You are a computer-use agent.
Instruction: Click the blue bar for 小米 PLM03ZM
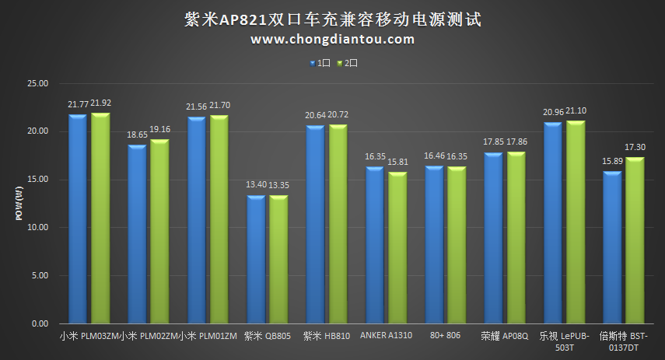77,219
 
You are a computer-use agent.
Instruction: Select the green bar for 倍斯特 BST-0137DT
635,241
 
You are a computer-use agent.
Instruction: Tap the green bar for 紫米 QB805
278,260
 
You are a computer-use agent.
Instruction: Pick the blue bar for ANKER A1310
374,246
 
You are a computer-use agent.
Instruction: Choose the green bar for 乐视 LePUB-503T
576,222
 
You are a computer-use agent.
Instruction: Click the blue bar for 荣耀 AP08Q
493,238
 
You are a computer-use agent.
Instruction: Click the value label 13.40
256,185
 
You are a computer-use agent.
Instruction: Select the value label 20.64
315,115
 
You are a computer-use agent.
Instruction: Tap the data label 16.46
434,156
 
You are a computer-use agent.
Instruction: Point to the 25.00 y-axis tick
37,83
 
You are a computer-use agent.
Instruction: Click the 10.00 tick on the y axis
37,227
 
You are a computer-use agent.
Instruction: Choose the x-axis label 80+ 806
446,336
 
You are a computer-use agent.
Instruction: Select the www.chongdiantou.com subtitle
332,40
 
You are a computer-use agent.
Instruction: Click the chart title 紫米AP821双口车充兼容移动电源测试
332,19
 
